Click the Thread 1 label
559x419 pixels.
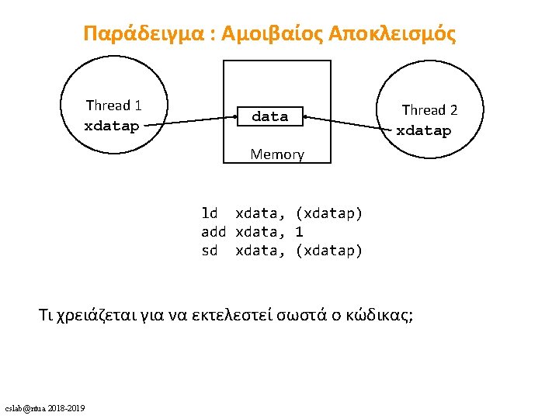113,106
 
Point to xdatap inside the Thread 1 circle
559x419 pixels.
112,126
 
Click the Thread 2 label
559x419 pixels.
429,110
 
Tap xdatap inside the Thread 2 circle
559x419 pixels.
423,130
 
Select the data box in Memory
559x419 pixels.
269,116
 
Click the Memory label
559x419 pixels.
277,154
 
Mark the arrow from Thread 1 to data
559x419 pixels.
190,121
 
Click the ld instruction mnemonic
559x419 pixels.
210,213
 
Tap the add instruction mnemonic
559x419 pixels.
214,231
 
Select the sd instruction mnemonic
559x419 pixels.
210,250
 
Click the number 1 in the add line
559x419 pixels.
300,231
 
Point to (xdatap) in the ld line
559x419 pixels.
329,213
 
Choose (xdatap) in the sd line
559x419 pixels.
329,250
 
